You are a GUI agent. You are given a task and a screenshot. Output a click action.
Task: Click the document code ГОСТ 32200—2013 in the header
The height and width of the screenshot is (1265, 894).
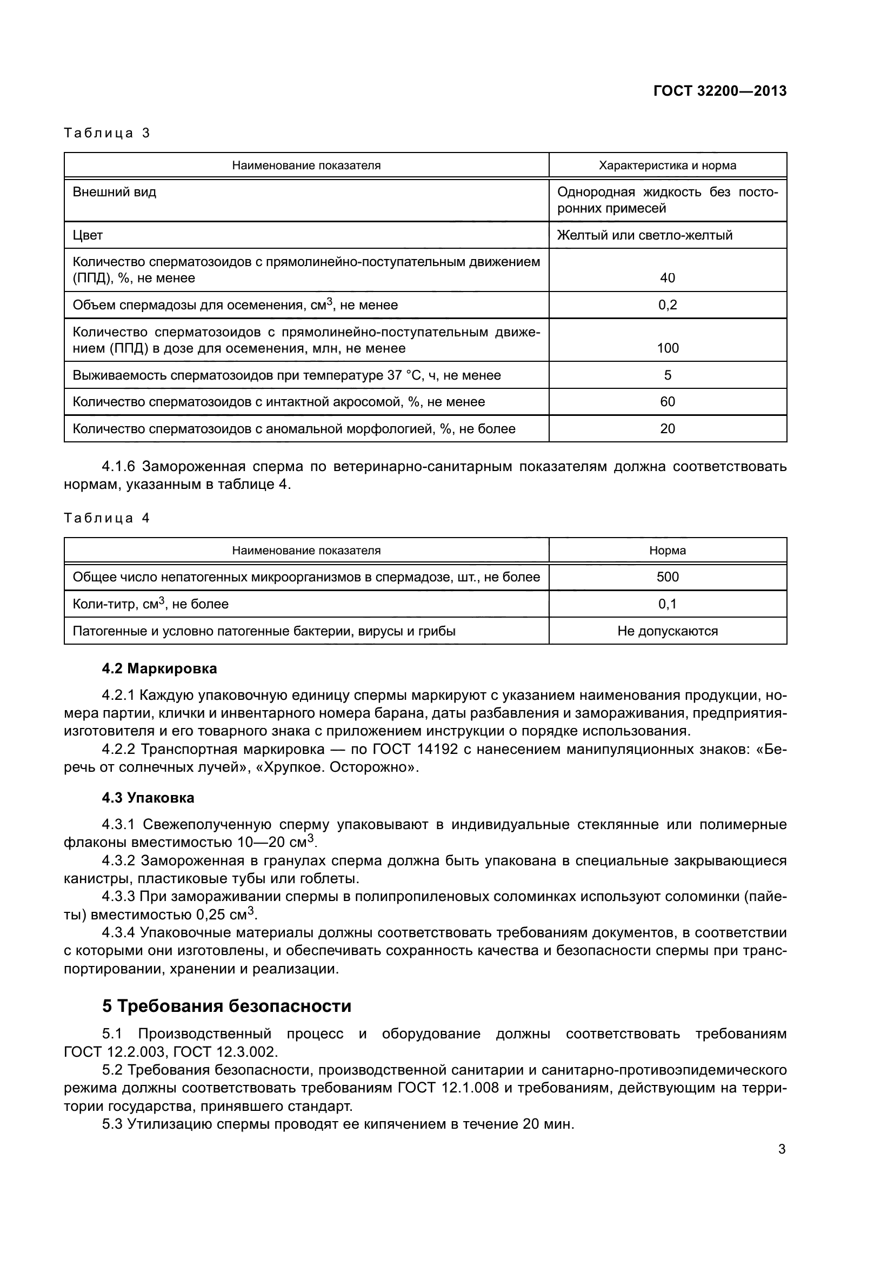(719, 91)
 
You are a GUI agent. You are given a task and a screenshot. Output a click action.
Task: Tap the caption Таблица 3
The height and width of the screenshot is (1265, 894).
(107, 133)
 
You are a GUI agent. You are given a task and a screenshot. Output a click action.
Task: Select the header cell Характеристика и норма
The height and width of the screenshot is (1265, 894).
(667, 165)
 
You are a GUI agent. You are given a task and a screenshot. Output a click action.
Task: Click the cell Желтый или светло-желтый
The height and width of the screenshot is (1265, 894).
(645, 235)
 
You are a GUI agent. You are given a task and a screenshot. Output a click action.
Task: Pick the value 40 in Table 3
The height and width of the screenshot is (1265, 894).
(667, 277)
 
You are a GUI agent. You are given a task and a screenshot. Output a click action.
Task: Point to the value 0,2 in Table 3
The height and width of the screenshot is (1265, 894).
(667, 304)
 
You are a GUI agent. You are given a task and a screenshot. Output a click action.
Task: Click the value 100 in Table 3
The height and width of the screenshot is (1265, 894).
(667, 348)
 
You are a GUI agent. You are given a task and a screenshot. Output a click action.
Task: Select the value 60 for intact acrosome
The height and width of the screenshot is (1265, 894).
(667, 402)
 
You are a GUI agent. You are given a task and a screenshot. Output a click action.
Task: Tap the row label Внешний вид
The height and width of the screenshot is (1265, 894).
(115, 193)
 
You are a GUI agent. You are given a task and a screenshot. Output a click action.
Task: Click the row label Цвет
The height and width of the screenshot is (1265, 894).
(88, 235)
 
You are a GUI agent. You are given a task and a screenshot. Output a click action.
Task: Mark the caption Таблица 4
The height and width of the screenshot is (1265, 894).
(107, 518)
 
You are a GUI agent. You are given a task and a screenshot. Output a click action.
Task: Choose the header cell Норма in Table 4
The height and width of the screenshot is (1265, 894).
(667, 551)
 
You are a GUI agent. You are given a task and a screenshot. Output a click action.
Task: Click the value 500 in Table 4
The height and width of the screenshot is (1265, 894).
(667, 577)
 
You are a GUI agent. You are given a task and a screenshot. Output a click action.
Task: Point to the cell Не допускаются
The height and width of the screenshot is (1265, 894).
(667, 631)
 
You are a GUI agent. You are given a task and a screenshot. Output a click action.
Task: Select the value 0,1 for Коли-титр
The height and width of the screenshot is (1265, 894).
(667, 604)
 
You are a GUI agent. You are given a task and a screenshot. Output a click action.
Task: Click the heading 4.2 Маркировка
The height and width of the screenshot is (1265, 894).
(159, 668)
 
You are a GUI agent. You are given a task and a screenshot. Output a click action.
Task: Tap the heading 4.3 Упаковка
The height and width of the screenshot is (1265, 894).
(148, 798)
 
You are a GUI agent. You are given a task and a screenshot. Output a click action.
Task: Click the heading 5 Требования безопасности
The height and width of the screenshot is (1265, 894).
(226, 1006)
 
